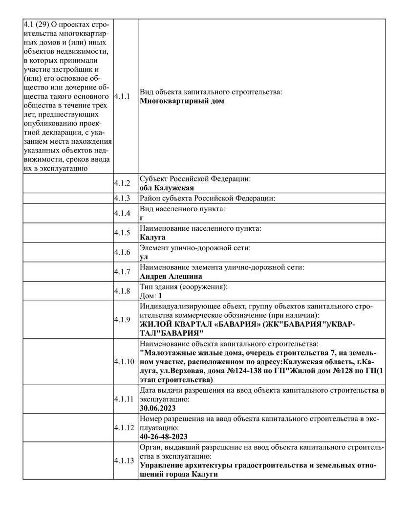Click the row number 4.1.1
tap(122, 96)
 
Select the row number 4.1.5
tap(122, 232)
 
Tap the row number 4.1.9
tap(122, 319)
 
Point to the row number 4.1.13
tap(124, 461)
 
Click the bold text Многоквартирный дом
tap(182, 101)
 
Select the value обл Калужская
tap(167, 188)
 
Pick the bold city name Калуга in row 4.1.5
tap(152, 237)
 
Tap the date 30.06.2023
tap(157, 408)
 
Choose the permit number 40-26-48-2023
tap(164, 437)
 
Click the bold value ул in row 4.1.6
tap(144, 257)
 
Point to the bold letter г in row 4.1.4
tap(142, 218)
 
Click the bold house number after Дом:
tap(160, 296)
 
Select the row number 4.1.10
tap(124, 362)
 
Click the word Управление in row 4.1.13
tap(163, 465)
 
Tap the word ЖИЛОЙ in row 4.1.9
tap(154, 324)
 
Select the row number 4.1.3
tap(122, 198)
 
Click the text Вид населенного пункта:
tap(183, 209)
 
